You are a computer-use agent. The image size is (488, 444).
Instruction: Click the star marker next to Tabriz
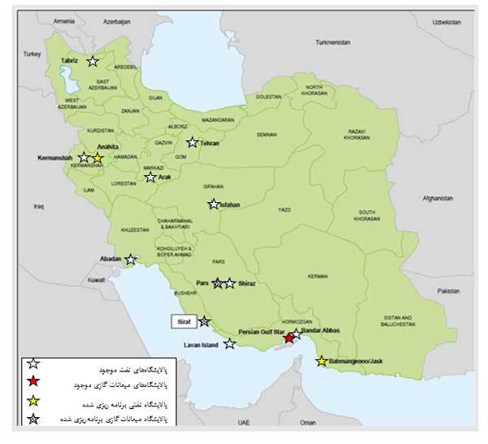[x=93, y=61]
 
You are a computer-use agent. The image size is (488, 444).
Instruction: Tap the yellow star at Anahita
[x=98, y=158]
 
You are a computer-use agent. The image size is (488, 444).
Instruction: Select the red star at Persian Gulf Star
[x=289, y=338]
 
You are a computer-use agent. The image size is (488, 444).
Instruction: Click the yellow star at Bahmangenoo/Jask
[x=322, y=360]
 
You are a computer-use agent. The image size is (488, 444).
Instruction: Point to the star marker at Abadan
[x=130, y=260]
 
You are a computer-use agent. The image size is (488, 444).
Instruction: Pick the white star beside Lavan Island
[x=230, y=344]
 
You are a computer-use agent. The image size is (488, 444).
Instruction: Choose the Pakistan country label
[x=447, y=290]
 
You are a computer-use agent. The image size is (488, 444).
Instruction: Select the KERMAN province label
[x=317, y=277]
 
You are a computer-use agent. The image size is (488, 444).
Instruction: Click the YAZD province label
[x=284, y=210]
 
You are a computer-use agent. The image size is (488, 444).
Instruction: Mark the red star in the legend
[x=33, y=382]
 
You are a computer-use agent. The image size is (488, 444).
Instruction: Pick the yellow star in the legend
[x=33, y=402]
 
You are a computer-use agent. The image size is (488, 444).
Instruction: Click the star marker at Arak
[x=150, y=177]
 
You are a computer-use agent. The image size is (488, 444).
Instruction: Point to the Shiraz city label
[x=247, y=284]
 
